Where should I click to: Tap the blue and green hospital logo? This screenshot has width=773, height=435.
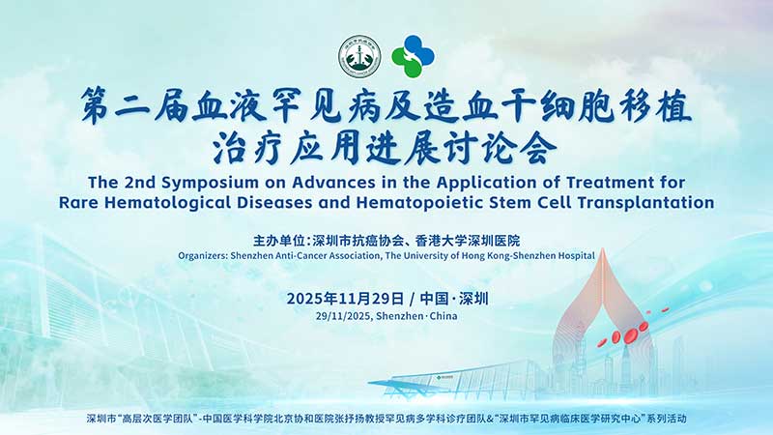pos(413,56)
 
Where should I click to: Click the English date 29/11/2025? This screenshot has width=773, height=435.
pos(344,316)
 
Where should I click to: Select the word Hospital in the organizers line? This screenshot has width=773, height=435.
pos(573,256)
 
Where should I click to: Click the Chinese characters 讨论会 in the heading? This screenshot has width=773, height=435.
pos(510,147)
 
